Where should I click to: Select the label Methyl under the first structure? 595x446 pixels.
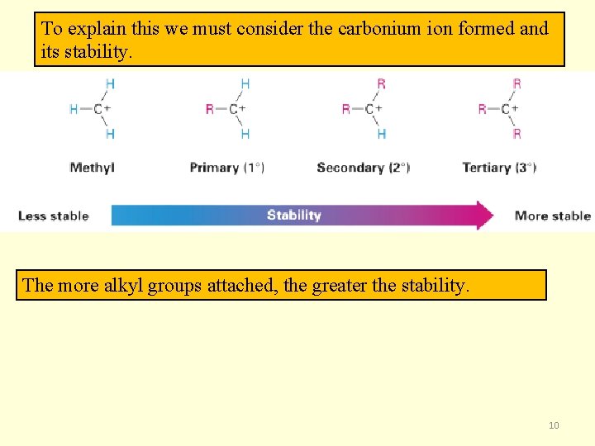point(92,168)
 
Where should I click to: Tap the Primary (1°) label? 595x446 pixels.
point(226,168)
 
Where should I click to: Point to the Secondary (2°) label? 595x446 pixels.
point(363,168)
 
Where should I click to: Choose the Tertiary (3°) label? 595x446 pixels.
point(499,168)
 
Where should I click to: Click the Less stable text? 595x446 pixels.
point(53,216)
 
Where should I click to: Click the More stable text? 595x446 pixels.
point(552,216)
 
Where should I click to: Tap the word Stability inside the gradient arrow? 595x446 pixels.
point(293,216)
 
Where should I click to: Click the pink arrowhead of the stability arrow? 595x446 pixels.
point(483,216)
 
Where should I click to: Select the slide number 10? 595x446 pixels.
point(554,425)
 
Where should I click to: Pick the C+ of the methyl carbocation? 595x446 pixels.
point(102,109)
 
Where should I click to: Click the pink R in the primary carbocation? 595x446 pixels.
point(210,109)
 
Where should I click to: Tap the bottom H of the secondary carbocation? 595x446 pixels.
point(381,134)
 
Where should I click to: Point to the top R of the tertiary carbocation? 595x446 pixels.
point(517,83)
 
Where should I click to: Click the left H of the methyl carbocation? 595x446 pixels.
point(74,109)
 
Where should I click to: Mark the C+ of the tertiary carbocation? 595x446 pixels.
point(509,109)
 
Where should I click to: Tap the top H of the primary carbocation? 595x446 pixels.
point(245,83)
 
